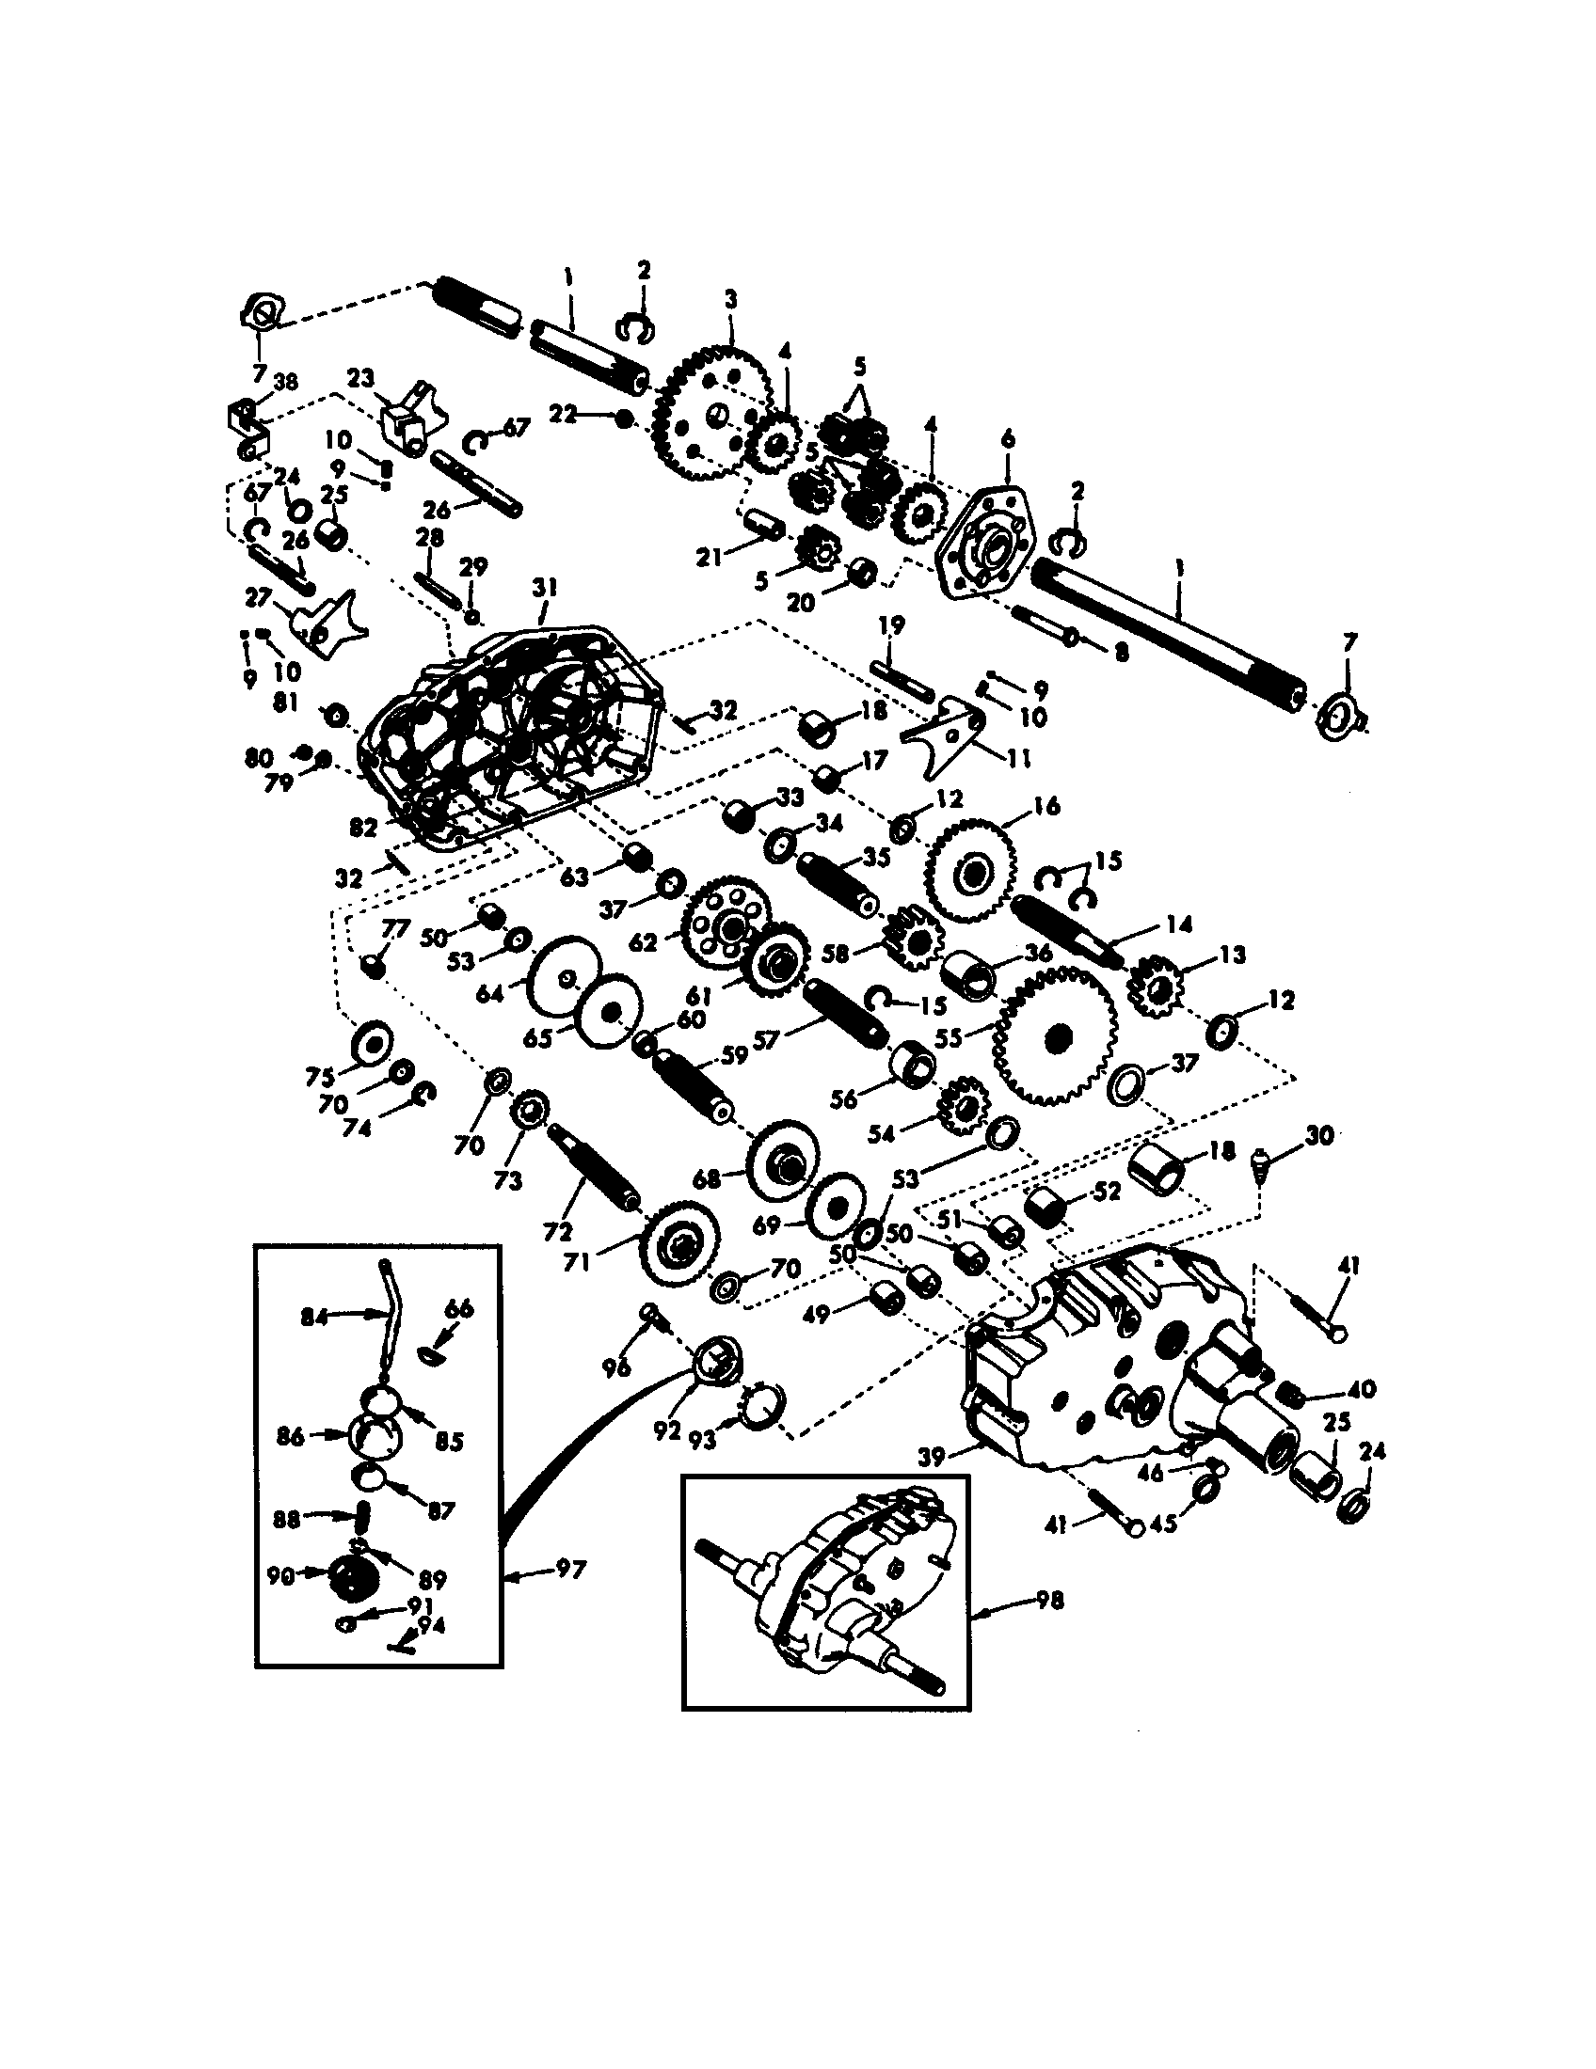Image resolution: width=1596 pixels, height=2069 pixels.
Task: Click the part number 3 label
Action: [729, 300]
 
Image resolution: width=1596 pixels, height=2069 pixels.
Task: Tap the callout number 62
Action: [642, 943]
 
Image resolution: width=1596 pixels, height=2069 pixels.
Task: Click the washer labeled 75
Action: [373, 1043]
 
